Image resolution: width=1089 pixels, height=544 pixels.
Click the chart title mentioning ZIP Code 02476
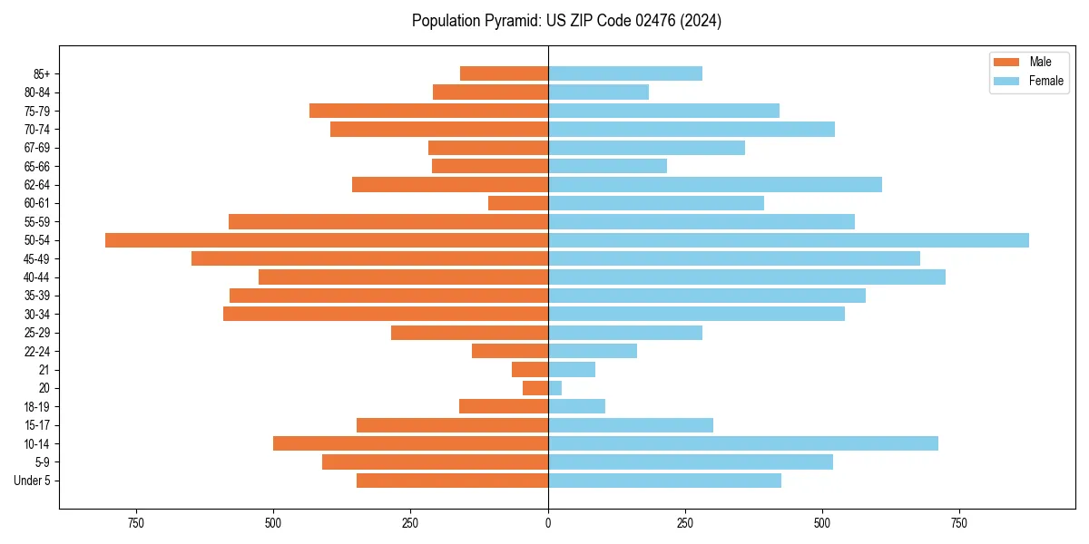pyautogui.click(x=566, y=21)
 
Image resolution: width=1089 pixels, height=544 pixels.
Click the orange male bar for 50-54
pyautogui.click(x=327, y=240)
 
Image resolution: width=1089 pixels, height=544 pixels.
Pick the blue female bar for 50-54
pyautogui.click(x=788, y=240)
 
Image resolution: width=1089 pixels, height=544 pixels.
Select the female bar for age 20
pyautogui.click(x=554, y=388)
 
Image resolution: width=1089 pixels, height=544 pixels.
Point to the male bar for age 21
pyautogui.click(x=530, y=370)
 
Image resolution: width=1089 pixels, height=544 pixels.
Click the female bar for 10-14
pyautogui.click(x=742, y=443)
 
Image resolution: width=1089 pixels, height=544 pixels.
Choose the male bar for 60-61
pyautogui.click(x=518, y=203)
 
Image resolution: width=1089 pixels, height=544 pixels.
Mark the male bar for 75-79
pyautogui.click(x=428, y=111)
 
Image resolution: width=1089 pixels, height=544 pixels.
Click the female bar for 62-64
pyautogui.click(x=715, y=185)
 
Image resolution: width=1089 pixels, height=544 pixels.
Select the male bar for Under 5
pyautogui.click(x=452, y=481)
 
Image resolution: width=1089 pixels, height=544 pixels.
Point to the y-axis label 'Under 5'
pyautogui.click(x=33, y=481)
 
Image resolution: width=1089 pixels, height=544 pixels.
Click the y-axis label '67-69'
pyautogui.click(x=36, y=148)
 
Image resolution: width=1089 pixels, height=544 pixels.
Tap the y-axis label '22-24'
pyautogui.click(x=36, y=351)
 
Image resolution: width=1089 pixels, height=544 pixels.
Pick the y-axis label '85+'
pyautogui.click(x=41, y=73)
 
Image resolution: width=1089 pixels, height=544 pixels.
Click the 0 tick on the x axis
pyautogui.click(x=548, y=523)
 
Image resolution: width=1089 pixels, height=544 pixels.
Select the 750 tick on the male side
pyautogui.click(x=136, y=523)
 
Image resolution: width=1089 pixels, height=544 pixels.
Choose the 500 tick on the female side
pyautogui.click(x=822, y=523)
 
